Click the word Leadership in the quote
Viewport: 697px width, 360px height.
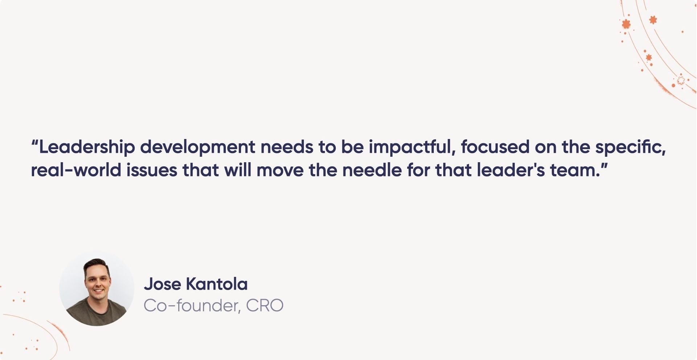pos(87,147)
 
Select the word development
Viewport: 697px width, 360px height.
pos(198,147)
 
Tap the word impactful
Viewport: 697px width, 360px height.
pos(412,147)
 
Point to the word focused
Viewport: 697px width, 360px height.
pos(495,147)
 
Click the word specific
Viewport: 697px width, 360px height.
pos(630,147)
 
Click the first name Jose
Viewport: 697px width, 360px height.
pos(162,284)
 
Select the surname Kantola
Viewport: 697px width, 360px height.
pos(217,284)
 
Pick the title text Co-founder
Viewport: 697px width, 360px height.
pos(192,306)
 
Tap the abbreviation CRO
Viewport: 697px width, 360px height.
pos(265,306)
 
